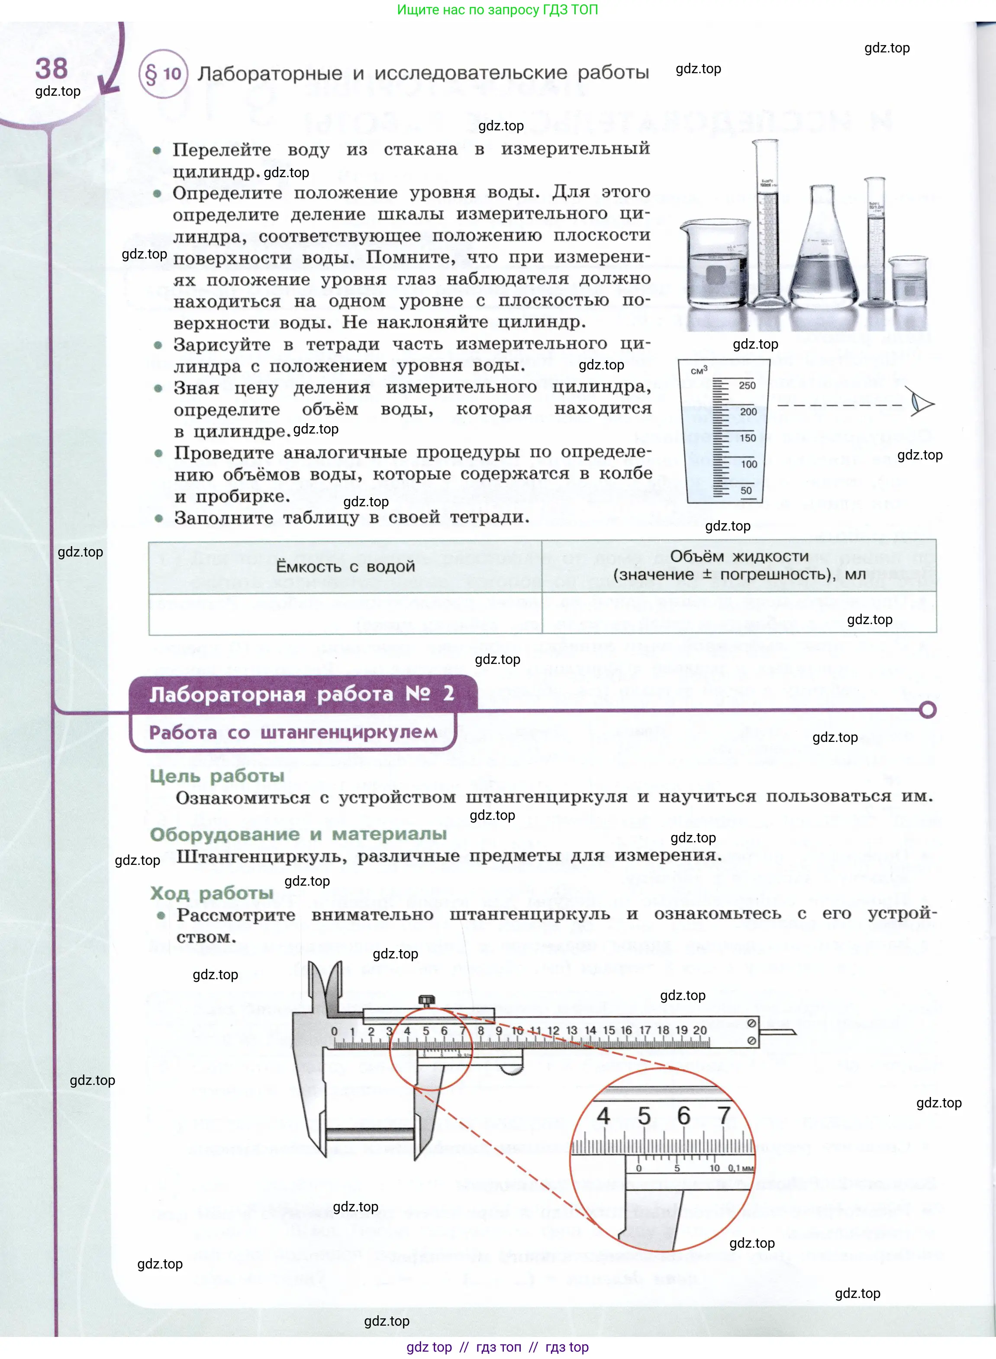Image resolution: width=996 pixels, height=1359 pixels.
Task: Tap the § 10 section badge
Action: pyautogui.click(x=163, y=74)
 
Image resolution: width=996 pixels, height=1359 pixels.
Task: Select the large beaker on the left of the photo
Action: pyautogui.click(x=715, y=265)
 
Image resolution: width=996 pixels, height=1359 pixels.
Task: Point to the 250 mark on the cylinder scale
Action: pyautogui.click(x=747, y=385)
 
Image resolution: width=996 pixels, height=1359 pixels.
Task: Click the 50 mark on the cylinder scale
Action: pyautogui.click(x=746, y=490)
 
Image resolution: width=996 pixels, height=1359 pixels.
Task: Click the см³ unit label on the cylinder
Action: pyautogui.click(x=699, y=370)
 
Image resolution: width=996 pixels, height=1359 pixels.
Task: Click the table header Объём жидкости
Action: pyautogui.click(x=739, y=556)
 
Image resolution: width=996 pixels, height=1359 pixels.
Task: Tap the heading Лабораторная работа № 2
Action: pyautogui.click(x=301, y=694)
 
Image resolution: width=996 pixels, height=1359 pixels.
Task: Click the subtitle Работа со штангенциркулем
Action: pyautogui.click(x=293, y=732)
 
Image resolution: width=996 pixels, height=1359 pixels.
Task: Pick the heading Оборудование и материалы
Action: pyautogui.click(x=298, y=834)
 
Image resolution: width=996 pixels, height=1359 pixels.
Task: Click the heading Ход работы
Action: pyautogui.click(x=212, y=893)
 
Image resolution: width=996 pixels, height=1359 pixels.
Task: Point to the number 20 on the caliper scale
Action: pyautogui.click(x=699, y=1030)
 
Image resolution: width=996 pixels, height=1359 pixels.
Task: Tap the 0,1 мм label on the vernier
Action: pyautogui.click(x=740, y=1168)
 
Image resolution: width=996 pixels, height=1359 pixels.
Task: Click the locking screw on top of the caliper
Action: pyautogui.click(x=426, y=1000)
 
